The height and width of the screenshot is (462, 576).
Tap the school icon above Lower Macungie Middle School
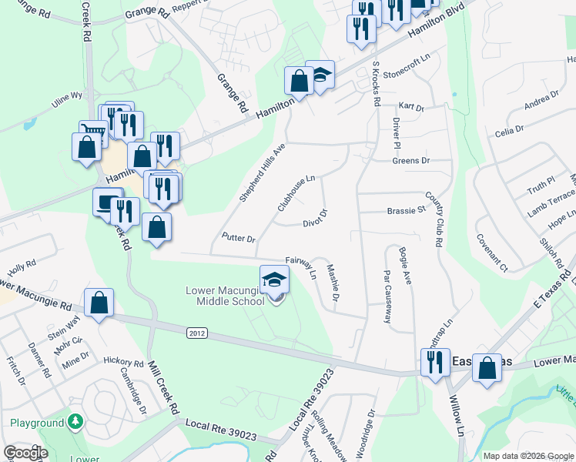click(x=274, y=280)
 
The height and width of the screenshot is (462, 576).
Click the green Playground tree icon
click(x=75, y=422)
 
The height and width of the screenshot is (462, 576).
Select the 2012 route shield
click(x=196, y=332)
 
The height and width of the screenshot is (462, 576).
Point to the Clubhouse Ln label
click(x=296, y=193)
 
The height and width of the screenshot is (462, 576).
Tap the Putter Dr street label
click(x=238, y=238)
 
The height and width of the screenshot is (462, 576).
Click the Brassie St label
click(x=407, y=210)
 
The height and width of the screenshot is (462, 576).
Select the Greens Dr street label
click(x=410, y=161)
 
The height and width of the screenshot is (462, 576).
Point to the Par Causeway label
click(x=387, y=296)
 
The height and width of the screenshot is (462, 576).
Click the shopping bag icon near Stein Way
click(x=99, y=303)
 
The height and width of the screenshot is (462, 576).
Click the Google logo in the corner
click(x=25, y=453)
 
